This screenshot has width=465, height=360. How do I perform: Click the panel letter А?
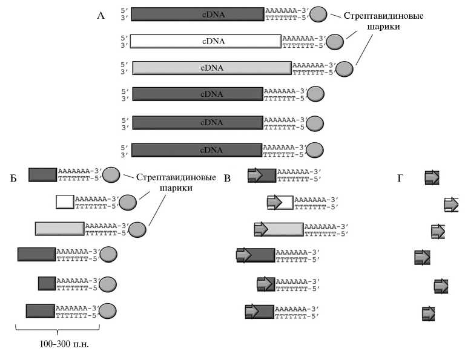pos(101,16)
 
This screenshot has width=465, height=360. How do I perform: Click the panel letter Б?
pos(13,178)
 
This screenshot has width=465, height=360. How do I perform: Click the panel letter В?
pos(227,178)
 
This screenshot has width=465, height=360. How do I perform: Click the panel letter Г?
pos(400,178)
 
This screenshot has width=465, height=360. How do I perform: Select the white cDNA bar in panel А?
pos(206,41)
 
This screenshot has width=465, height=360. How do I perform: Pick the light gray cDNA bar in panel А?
pos(211,68)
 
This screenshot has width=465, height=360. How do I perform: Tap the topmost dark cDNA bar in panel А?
pos(197,15)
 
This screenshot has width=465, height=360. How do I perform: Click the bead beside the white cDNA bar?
pos(335,41)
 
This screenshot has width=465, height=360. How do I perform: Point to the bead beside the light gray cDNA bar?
pos(345,68)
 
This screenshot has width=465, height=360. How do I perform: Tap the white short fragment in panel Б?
pos(65,201)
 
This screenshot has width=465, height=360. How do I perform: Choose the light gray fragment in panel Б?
pos(59,229)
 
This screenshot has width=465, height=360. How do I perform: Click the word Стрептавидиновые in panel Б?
pos(176,178)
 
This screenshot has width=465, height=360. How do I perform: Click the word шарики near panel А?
pos(381,27)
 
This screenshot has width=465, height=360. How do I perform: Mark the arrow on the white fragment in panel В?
pos(275,201)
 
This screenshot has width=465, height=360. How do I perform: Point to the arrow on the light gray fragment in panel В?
pos(261,229)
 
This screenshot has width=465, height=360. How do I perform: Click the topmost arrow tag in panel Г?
pos(432,177)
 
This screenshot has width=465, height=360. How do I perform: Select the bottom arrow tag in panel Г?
pos(429,313)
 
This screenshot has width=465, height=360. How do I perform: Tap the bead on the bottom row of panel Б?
pos(107,311)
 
